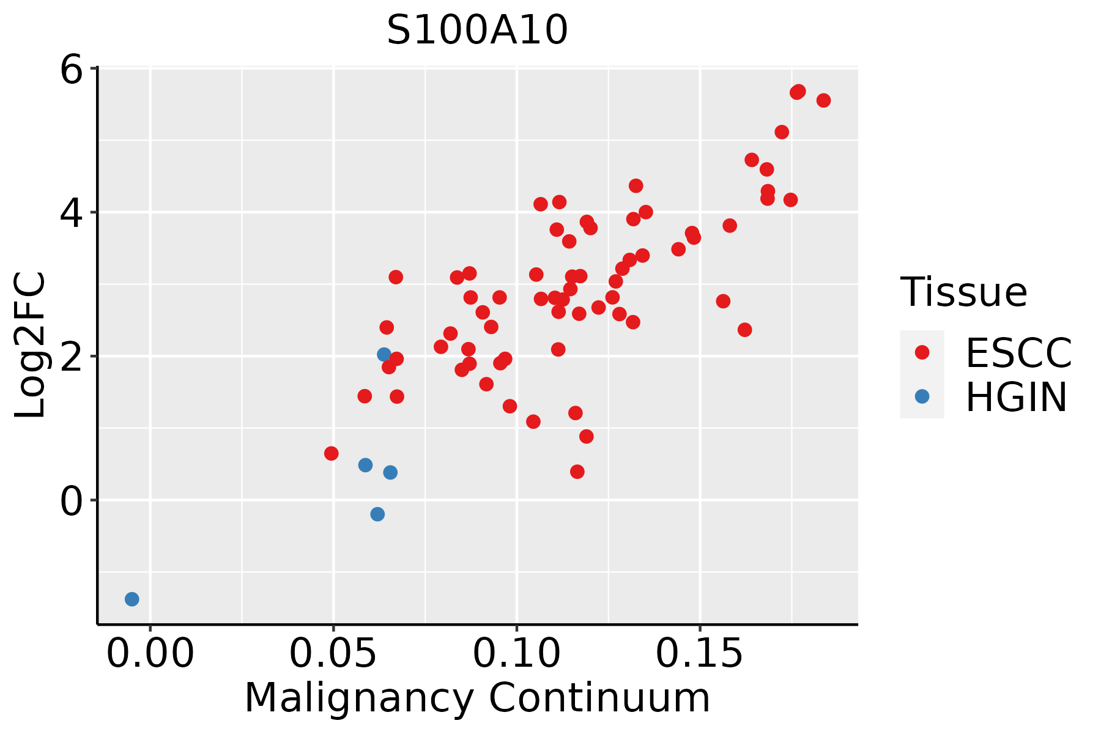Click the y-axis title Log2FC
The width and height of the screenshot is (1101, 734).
click(31, 346)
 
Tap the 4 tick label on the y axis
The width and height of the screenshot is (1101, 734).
click(71, 212)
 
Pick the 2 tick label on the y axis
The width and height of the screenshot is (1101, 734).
click(71, 356)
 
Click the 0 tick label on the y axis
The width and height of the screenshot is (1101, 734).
click(71, 500)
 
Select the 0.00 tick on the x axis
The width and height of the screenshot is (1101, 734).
click(150, 654)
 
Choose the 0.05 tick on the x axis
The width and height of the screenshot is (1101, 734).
click(333, 654)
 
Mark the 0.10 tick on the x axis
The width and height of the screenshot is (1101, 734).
click(517, 654)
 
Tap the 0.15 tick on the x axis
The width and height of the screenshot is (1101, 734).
click(700, 654)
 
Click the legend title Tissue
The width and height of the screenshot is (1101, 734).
click(963, 292)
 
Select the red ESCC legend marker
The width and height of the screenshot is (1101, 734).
click(922, 352)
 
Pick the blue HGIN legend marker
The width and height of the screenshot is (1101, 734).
click(922, 396)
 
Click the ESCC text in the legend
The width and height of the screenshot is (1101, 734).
click(1018, 353)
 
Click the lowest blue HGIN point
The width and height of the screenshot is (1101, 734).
click(132, 599)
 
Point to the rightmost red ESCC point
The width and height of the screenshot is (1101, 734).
click(823, 100)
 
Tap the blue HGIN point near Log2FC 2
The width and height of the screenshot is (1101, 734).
click(384, 355)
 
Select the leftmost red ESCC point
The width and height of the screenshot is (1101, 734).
click(332, 453)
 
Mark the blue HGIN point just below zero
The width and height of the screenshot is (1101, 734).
click(377, 514)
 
